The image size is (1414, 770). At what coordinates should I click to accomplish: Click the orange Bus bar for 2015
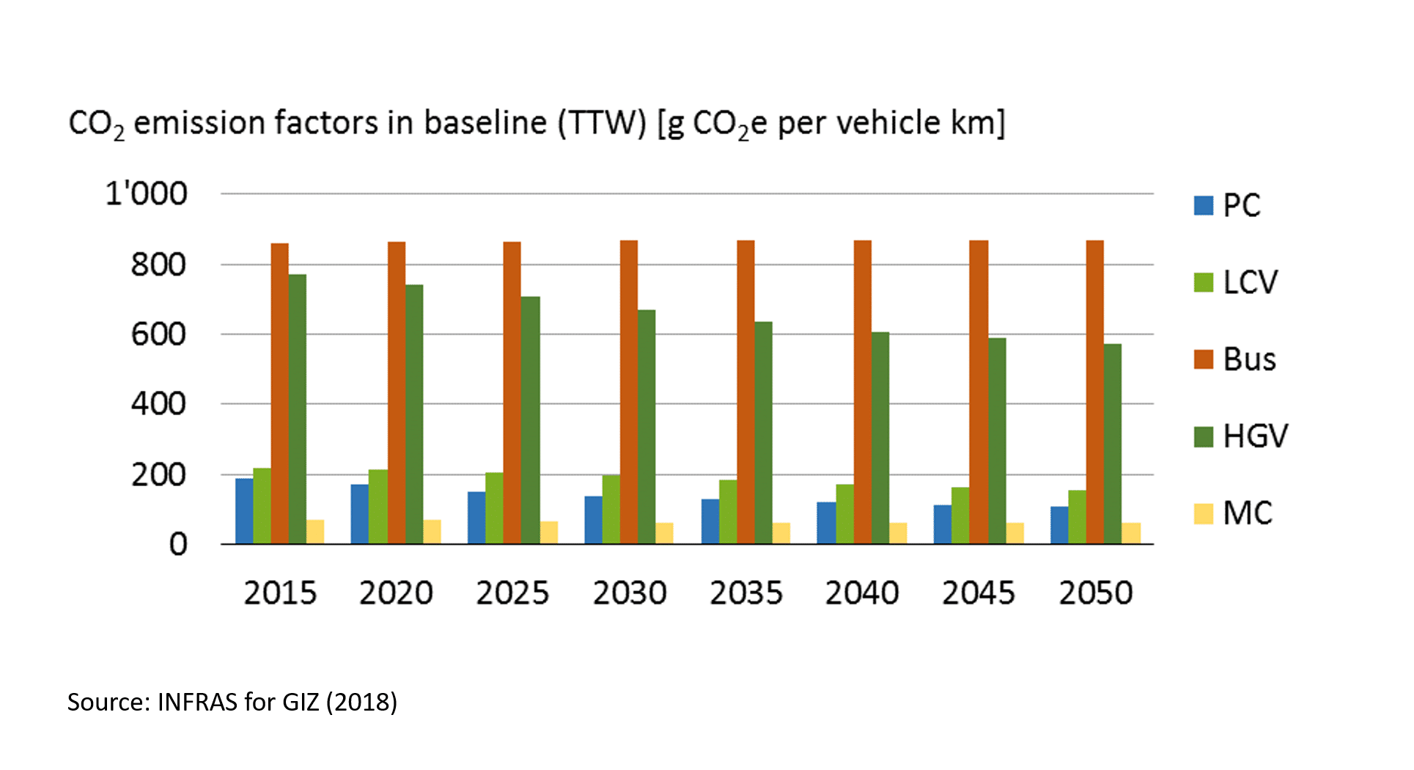click(279, 394)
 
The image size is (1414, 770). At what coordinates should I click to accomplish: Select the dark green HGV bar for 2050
click(1112, 444)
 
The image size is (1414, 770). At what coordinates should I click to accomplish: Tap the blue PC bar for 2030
click(593, 520)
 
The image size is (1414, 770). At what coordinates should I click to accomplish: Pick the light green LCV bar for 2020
click(378, 507)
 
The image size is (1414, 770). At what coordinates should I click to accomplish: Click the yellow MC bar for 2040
click(897, 533)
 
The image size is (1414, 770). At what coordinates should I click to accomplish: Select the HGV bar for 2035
click(763, 433)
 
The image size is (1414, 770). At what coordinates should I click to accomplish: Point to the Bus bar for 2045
click(979, 392)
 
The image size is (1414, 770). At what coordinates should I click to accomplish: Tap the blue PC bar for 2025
click(476, 518)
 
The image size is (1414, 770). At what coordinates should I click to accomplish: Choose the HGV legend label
click(1255, 436)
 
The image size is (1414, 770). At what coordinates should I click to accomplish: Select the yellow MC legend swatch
click(1203, 513)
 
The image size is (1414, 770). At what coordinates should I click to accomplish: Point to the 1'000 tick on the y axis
click(146, 194)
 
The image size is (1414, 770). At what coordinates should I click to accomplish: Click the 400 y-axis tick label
click(158, 404)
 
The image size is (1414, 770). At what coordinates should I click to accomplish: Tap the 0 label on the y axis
click(178, 545)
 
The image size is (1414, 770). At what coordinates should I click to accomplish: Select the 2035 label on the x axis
click(746, 593)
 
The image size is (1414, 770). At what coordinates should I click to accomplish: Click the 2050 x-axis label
click(1095, 593)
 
